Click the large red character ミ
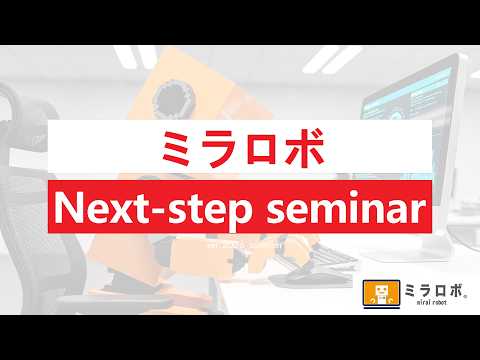coord(178,148)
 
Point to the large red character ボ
coord(303,148)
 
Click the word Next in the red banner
coord(100,208)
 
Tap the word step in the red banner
coord(209,211)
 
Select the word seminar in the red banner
coord(346,208)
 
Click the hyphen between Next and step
coord(156,211)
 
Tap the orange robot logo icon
coord(381,294)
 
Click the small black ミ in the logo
coord(410,290)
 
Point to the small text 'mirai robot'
coord(431,302)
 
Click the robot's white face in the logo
coord(381,290)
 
